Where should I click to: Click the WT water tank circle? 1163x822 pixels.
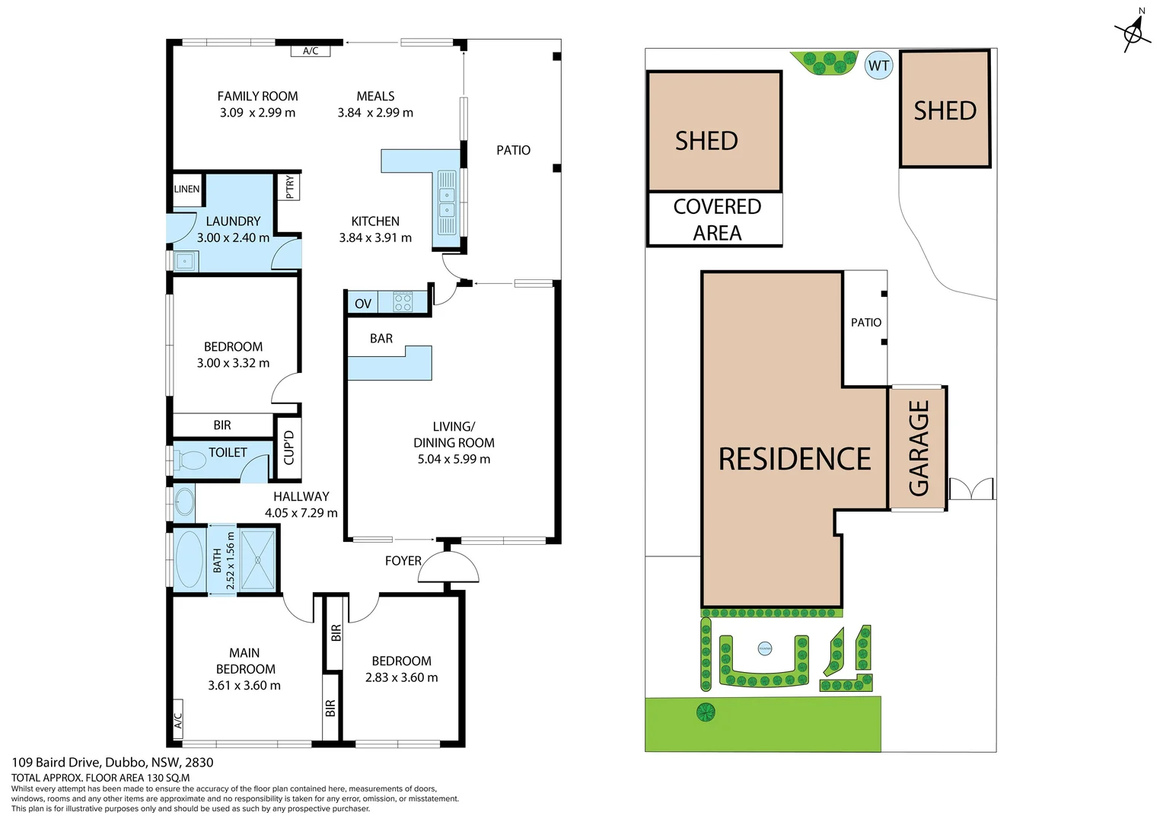[x=878, y=65]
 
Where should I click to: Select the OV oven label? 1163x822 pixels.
[x=363, y=304]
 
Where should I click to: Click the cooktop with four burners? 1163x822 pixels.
[x=403, y=303]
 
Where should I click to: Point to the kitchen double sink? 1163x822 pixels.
[x=447, y=202]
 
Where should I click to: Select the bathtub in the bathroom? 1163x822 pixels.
[x=190, y=559]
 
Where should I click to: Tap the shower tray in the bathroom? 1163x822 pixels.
[x=257, y=559]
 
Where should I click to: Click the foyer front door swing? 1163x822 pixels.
[x=448, y=568]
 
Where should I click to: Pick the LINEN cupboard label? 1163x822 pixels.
[x=186, y=189]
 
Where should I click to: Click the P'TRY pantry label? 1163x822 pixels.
[x=289, y=186]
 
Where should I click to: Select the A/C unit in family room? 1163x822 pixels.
[x=311, y=51]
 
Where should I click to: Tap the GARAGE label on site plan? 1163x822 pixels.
[x=919, y=448]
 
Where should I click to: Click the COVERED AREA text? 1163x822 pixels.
[x=716, y=219]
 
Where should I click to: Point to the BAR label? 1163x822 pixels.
[x=381, y=339]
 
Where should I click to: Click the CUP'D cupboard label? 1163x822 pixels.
[x=288, y=448]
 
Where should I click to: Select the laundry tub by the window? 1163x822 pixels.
[x=185, y=262]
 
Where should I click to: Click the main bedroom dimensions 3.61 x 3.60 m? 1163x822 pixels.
[x=244, y=686]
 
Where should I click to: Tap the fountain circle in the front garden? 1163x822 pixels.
[x=765, y=648]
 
